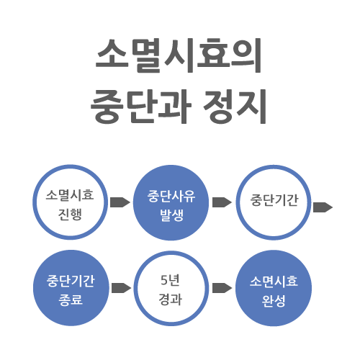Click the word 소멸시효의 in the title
[179, 55]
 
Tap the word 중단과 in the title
[141, 106]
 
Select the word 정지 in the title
[235, 106]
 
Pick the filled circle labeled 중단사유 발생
[171, 202]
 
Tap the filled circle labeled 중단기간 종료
[71, 288]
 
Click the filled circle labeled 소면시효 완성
[274, 288]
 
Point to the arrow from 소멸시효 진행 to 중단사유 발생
[120, 202]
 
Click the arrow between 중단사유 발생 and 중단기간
[222, 202]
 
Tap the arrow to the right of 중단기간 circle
[323, 207]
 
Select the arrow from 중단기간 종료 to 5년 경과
[122, 288]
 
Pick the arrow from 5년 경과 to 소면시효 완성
[222, 288]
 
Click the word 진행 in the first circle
[71, 214]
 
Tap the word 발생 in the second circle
[172, 215]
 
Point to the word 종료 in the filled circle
[71, 300]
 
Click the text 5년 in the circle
[170, 280]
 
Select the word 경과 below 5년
[171, 300]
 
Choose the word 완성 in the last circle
[274, 301]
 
